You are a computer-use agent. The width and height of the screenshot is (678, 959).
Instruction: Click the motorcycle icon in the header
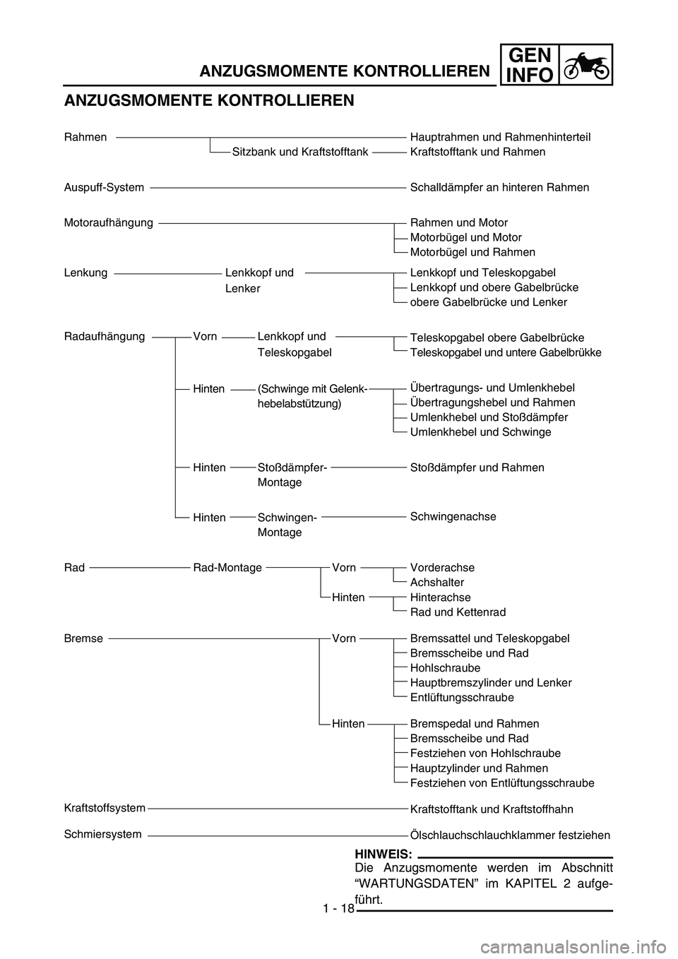click(586, 65)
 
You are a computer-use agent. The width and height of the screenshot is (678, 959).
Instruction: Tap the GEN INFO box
click(530, 65)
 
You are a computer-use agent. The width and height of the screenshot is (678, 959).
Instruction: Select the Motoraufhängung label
click(108, 223)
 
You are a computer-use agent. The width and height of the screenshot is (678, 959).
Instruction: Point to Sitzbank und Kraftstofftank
click(300, 152)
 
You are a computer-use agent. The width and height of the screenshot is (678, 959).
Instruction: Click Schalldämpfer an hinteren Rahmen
click(499, 188)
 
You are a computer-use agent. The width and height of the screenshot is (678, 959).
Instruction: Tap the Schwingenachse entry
click(453, 517)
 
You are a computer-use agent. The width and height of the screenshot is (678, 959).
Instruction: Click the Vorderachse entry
click(442, 568)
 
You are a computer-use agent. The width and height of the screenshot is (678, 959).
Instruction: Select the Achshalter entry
click(437, 583)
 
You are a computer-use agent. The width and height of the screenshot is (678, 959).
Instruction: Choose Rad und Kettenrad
click(458, 612)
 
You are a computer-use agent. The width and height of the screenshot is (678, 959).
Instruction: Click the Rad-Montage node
click(227, 568)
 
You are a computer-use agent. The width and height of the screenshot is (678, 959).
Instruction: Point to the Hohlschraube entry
click(445, 668)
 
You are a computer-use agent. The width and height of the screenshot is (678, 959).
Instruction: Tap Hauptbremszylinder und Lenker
click(491, 683)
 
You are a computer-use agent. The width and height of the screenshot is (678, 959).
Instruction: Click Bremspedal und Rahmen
click(475, 724)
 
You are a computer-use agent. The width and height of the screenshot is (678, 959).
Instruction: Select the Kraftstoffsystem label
click(105, 808)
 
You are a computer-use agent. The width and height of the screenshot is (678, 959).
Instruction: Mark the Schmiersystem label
click(102, 835)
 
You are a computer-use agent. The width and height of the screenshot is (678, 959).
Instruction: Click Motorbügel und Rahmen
click(472, 253)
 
